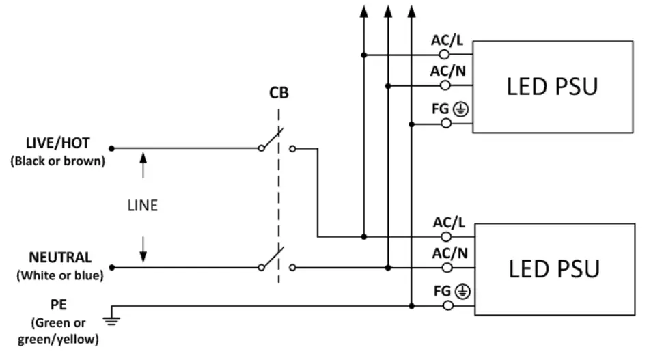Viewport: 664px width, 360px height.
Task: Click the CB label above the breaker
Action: pos(278,94)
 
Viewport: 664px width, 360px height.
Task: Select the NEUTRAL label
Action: pos(60,258)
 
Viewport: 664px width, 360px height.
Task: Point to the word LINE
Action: pos(143,206)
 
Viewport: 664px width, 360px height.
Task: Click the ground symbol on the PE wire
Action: pos(111,315)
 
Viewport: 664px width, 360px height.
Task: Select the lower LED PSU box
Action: pos(553,268)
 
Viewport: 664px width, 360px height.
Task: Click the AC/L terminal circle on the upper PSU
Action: pos(445,55)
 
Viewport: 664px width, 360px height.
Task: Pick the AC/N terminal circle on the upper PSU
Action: pos(445,86)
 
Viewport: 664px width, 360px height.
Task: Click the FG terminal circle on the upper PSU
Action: pos(445,124)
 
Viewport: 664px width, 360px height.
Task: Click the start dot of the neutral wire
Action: pos(111,267)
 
